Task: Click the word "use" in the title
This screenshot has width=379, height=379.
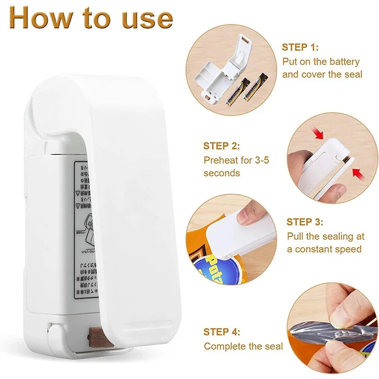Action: pos(147,18)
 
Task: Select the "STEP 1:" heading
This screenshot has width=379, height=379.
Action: pos(300,47)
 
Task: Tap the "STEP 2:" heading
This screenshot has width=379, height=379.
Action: pos(222,146)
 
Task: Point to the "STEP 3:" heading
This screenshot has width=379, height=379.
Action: pos(305,222)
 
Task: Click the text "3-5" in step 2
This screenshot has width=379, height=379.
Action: pos(259,160)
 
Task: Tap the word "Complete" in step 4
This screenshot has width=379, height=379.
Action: pos(225,346)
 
